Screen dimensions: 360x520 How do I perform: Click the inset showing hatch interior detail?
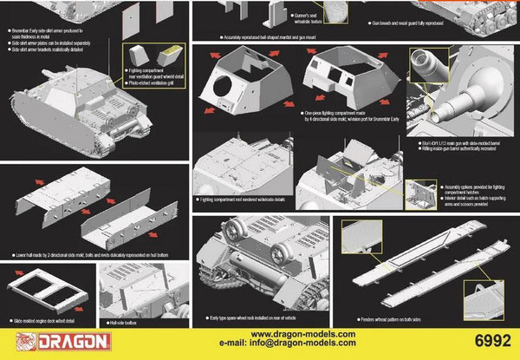click(422, 193)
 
